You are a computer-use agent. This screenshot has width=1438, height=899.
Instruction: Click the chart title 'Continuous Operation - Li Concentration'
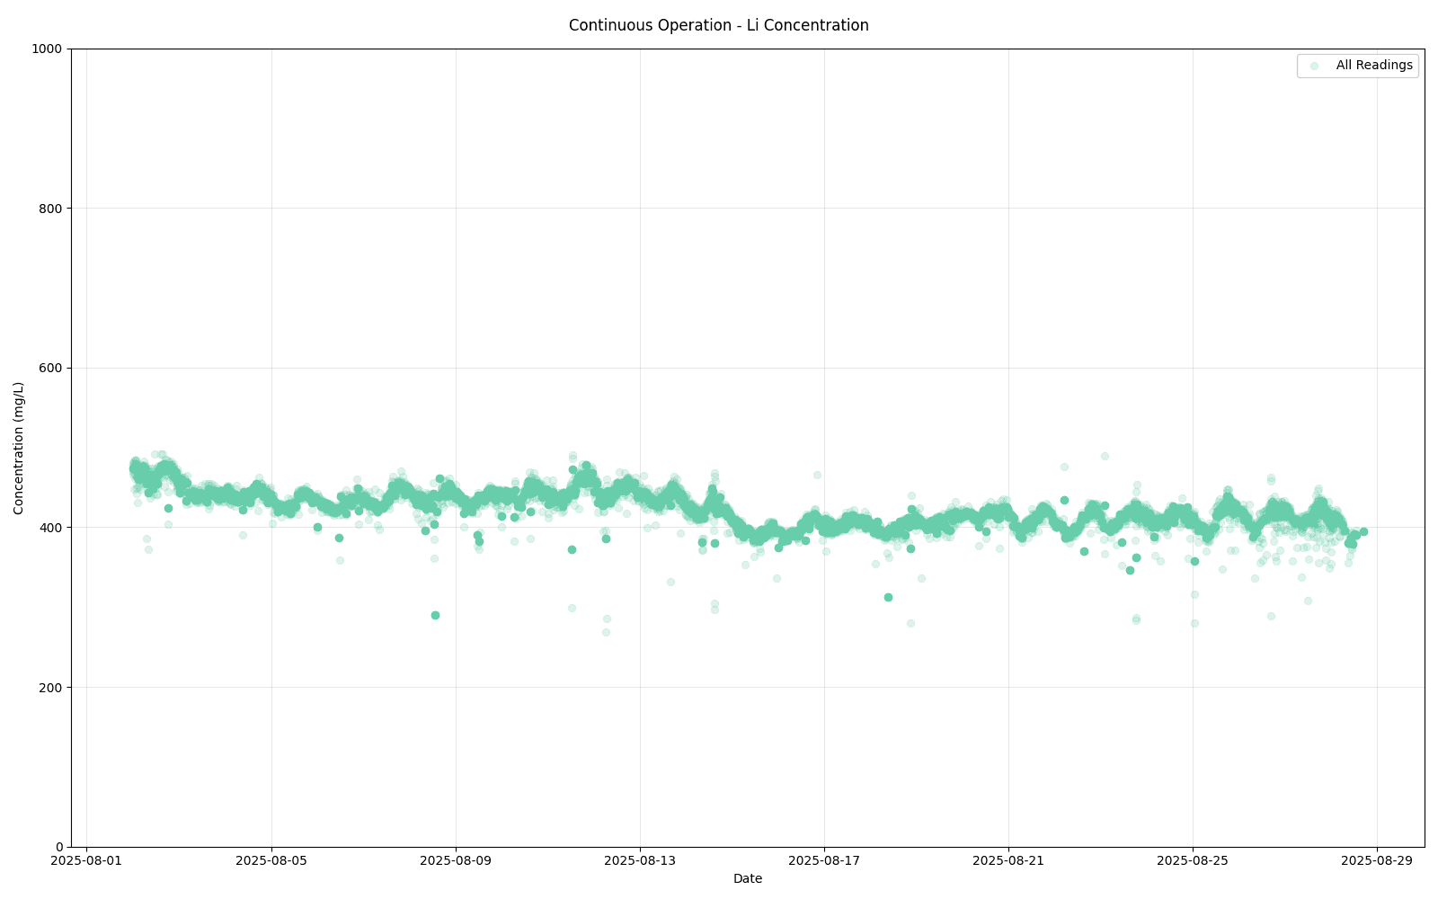pos(718,25)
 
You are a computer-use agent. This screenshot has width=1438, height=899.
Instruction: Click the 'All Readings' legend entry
pos(1373,66)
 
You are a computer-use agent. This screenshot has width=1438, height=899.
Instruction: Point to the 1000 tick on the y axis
pos(52,49)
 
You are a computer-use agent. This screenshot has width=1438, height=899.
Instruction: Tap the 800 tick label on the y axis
pos(55,209)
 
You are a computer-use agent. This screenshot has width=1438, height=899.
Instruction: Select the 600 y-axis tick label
pos(55,369)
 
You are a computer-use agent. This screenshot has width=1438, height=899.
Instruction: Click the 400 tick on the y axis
pos(55,528)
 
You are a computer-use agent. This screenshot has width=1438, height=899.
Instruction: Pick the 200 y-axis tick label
pos(55,688)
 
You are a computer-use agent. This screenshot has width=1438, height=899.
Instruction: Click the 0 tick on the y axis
pos(61,847)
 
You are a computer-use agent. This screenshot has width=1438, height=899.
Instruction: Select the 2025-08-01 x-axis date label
pos(86,861)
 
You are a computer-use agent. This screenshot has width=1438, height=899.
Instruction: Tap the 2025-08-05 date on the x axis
pos(271,861)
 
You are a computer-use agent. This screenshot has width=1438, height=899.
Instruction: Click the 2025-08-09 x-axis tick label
pos(456,861)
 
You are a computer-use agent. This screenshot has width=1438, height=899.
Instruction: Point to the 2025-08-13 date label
pos(640,861)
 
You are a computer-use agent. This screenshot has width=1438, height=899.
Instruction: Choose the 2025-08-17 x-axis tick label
pos(824,861)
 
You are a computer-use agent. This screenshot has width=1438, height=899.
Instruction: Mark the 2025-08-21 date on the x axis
pos(1008,861)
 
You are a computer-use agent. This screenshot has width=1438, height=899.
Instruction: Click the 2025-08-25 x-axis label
pos(1193,861)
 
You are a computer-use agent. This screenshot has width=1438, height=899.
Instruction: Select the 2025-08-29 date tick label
pos(1377,861)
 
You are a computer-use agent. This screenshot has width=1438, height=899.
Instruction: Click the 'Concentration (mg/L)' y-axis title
pos(19,448)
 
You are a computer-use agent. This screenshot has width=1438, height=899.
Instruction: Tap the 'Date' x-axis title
pos(748,879)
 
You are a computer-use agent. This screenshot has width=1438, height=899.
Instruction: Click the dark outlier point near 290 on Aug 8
pos(435,615)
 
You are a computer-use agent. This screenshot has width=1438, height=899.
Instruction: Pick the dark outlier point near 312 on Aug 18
pos(888,597)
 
